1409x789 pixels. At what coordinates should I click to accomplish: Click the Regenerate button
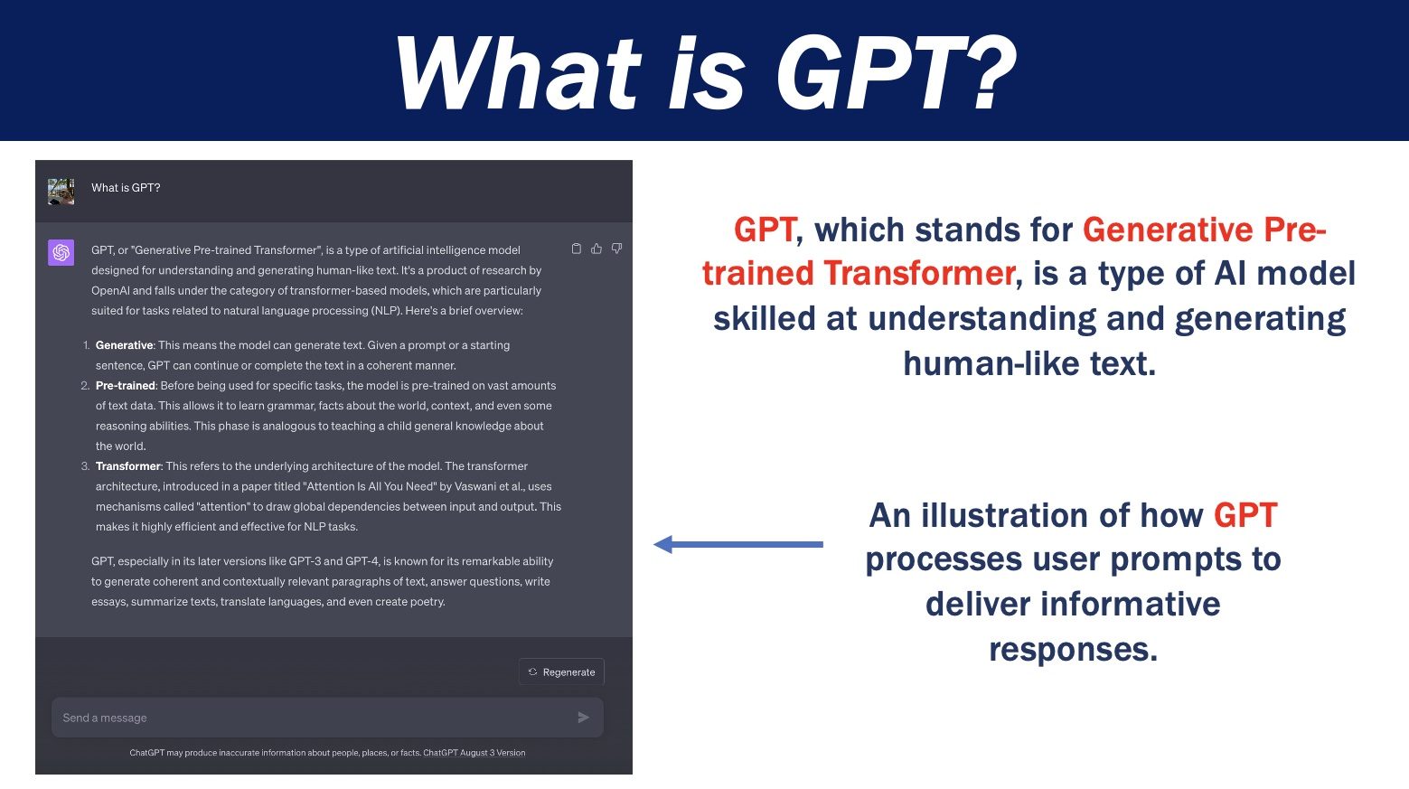click(x=561, y=672)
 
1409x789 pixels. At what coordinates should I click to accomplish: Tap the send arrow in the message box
click(x=584, y=718)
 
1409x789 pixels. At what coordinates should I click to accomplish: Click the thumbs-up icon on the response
click(x=596, y=249)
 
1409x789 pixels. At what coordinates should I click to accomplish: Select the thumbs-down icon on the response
click(x=617, y=249)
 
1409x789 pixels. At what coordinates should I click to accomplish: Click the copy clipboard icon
click(x=577, y=249)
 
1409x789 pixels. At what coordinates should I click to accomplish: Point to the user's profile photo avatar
click(x=61, y=192)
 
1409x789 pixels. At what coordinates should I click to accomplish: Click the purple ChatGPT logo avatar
click(x=61, y=252)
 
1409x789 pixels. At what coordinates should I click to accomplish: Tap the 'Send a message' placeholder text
click(x=105, y=718)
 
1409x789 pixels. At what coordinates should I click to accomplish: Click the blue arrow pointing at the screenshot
click(x=737, y=544)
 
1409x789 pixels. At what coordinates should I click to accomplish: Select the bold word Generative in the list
click(x=124, y=345)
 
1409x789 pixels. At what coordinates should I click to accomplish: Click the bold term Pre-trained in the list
click(x=126, y=386)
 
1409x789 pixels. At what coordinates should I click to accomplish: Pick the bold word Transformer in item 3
click(x=128, y=466)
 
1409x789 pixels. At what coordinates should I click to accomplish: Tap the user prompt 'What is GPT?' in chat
click(x=126, y=187)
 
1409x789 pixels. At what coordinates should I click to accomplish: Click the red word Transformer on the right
click(x=919, y=274)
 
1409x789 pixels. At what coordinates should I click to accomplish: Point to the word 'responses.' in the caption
click(x=1073, y=649)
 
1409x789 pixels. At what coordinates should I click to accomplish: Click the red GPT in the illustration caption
click(x=1245, y=515)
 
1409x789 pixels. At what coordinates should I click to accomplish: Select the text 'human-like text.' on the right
click(x=1029, y=363)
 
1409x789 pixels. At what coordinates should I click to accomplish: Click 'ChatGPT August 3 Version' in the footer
click(x=474, y=753)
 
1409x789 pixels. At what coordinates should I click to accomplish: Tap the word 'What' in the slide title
click(x=518, y=72)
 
